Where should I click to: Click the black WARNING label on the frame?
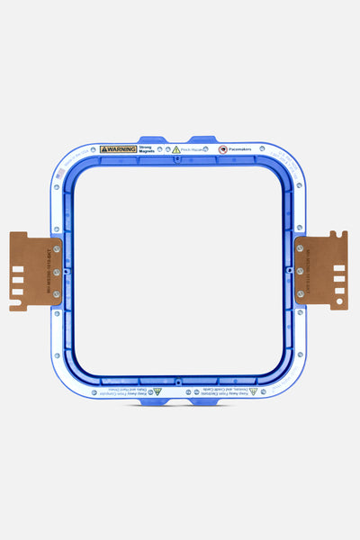(x=118, y=149)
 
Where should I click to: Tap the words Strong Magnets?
(x=146, y=149)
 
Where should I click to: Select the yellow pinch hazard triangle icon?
(x=176, y=150)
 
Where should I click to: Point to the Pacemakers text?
(x=239, y=149)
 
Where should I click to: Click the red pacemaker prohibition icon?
(x=222, y=149)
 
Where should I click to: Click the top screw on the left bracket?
(x=56, y=248)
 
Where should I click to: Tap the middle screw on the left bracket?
(x=56, y=271)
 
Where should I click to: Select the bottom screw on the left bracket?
(x=56, y=293)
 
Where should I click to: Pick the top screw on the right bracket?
(x=301, y=247)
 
